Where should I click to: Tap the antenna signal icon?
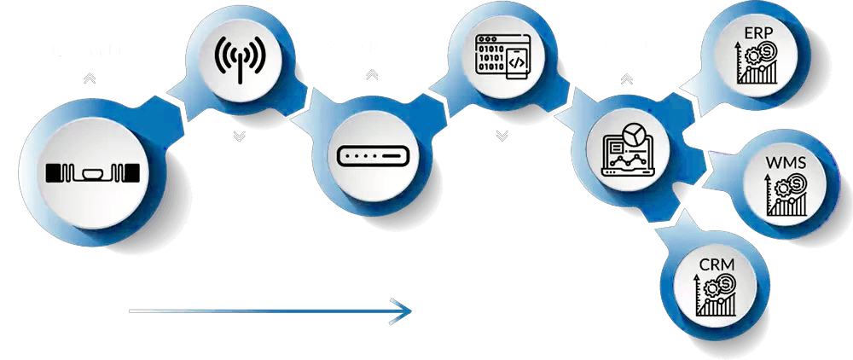click(240, 57)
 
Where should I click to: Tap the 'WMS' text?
click(786, 162)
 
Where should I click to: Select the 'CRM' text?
click(714, 265)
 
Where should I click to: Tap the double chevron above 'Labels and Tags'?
click(90, 78)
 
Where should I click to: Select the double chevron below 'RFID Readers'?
click(371, 74)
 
